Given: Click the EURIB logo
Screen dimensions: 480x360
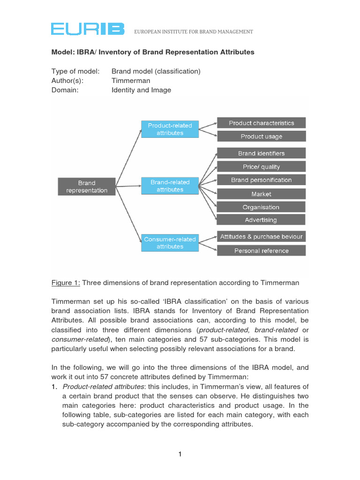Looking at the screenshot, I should (88, 29).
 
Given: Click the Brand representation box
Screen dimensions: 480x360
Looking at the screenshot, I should (87, 187).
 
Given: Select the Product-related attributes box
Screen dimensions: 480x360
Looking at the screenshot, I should (170, 129).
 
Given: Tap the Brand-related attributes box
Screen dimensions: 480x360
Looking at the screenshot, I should (170, 186).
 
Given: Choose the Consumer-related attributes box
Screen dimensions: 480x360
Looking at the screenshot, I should (170, 243).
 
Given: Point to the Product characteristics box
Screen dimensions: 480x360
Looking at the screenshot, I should (261, 123).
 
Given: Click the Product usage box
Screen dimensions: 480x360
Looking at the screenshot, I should (261, 136).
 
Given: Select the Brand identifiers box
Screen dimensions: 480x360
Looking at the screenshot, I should (261, 153).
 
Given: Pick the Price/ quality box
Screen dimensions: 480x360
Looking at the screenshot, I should (261, 167).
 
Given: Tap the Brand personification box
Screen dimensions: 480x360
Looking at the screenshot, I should (261, 180).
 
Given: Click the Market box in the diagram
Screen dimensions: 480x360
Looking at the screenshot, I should (261, 194).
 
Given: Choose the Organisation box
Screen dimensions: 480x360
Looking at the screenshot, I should (261, 207).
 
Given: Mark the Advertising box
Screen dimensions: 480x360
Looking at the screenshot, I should (261, 220).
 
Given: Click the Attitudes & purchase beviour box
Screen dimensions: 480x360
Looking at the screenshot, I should (261, 237).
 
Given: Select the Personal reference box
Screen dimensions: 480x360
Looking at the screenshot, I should (261, 251).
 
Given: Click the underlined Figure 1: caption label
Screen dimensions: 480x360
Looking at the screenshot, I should (66, 283).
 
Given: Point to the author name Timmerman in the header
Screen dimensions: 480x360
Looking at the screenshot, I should (131, 81).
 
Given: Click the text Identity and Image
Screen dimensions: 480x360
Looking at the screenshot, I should (141, 90).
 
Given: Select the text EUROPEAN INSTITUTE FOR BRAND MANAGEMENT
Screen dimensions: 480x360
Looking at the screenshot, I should (194, 32).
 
